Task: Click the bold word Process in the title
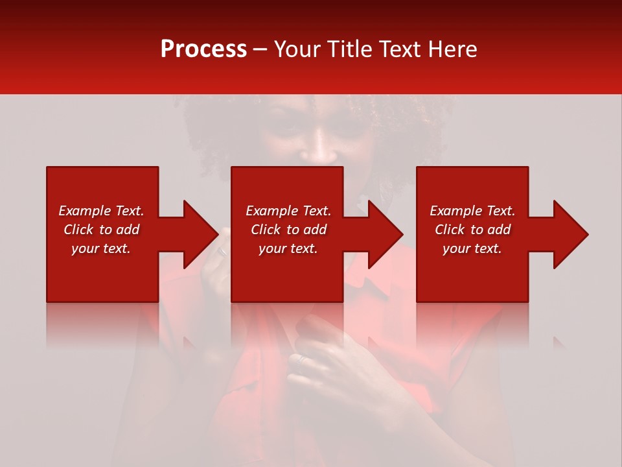click(203, 49)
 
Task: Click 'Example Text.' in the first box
click(101, 211)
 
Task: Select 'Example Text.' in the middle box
click(288, 211)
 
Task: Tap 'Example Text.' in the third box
click(472, 211)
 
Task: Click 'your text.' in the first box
click(101, 248)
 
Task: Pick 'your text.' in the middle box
click(288, 248)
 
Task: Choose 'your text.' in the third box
click(472, 248)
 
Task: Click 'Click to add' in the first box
click(101, 230)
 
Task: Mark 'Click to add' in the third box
click(472, 230)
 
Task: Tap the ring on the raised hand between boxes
click(222, 252)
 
